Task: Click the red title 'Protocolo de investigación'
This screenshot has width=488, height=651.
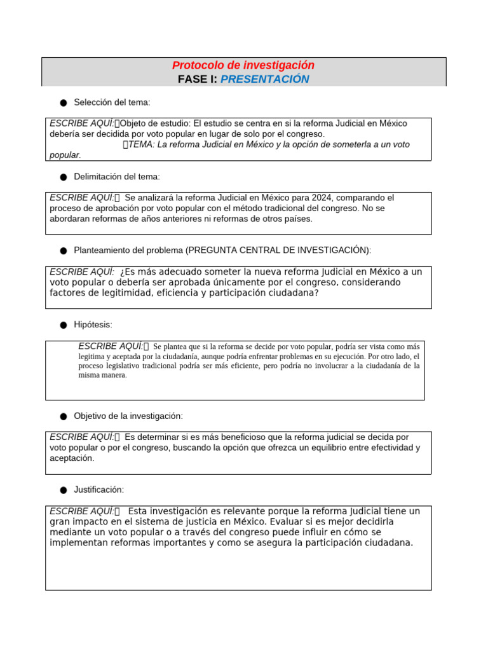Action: tap(243, 65)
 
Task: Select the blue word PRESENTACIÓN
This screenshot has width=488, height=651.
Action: tap(265, 79)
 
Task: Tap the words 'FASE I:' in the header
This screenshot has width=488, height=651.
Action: tap(198, 79)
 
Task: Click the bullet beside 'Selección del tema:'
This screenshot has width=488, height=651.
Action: tap(64, 103)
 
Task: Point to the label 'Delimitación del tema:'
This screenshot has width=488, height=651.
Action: tap(117, 176)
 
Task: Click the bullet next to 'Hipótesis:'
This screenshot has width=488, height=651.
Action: tap(64, 325)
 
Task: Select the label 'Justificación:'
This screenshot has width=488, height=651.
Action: tap(98, 490)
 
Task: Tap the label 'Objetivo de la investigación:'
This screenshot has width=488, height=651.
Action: tap(128, 416)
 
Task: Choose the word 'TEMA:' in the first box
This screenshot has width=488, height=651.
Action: tap(142, 144)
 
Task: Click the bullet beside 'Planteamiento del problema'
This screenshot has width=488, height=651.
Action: tap(64, 251)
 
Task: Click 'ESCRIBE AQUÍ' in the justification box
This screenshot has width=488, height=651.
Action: tap(81, 511)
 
